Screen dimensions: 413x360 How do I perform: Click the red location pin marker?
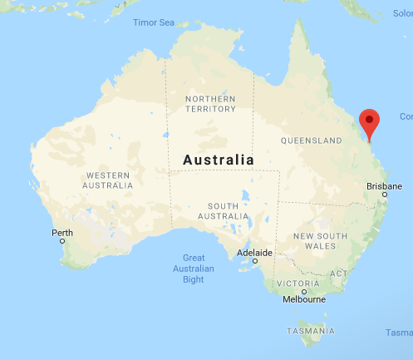369,123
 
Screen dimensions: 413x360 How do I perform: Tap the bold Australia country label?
219,160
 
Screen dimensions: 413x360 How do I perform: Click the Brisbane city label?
384,185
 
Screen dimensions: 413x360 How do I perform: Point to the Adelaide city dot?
255,261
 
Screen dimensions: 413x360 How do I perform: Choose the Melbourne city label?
303,300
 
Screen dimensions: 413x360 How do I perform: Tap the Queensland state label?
312,140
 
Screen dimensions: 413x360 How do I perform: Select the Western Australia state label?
108,180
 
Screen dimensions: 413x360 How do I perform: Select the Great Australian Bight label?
194,269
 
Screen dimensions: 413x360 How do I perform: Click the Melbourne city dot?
304,291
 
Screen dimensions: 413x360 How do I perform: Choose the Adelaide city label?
254,252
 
